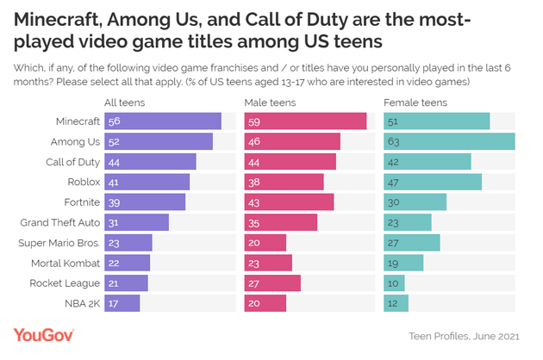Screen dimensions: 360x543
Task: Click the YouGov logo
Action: pyautogui.click(x=44, y=334)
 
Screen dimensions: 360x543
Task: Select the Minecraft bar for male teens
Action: pyautogui.click(x=306, y=121)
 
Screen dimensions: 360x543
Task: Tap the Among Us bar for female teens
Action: pyautogui.click(x=449, y=141)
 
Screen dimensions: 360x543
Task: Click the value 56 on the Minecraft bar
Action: pyautogui.click(x=113, y=121)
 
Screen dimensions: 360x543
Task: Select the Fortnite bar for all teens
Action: pyautogui.click(x=145, y=202)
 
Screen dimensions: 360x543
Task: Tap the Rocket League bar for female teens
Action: pyautogui.click(x=394, y=282)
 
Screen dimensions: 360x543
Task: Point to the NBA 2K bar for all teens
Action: pyautogui.click(x=122, y=302)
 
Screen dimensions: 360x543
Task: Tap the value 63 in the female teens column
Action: pyautogui.click(x=394, y=141)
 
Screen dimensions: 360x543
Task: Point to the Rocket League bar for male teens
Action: pyautogui.click(x=272, y=282)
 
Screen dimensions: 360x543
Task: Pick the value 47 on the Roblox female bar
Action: pyautogui.click(x=394, y=182)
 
